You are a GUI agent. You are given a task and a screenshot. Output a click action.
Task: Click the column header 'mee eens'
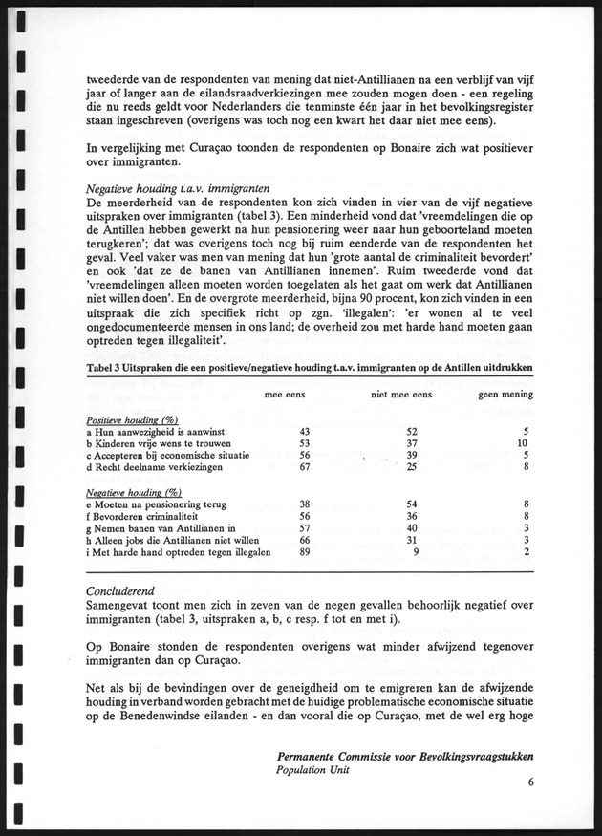284,394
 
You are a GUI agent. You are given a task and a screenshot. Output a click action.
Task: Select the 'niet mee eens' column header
400,394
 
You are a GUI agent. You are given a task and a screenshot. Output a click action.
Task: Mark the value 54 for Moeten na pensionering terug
411,503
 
